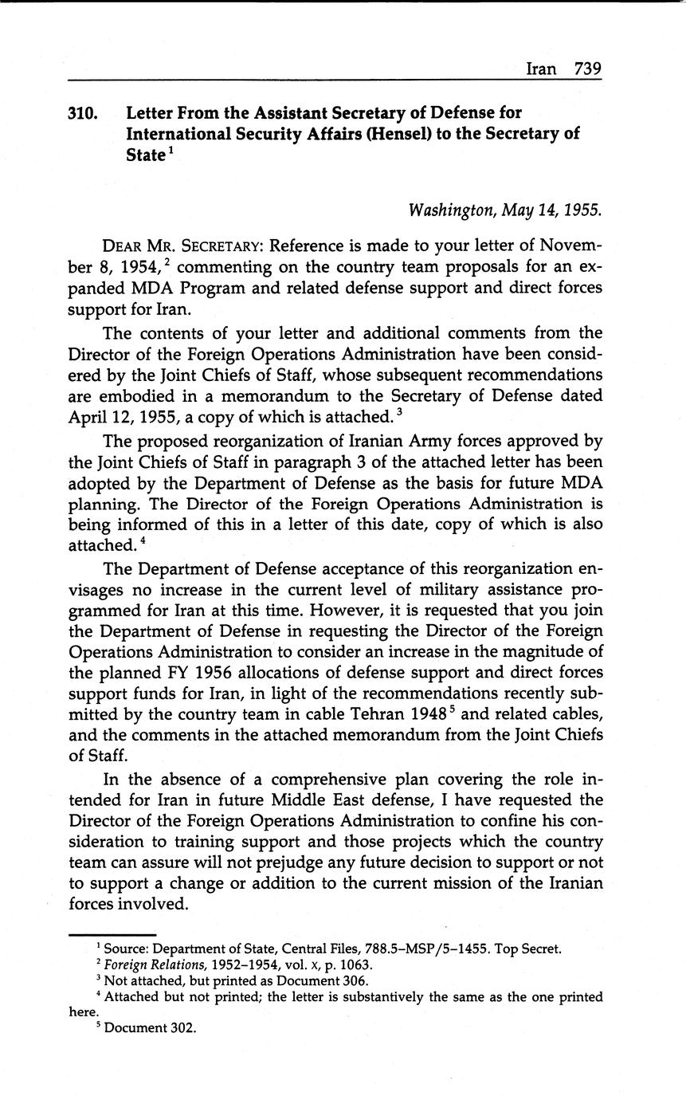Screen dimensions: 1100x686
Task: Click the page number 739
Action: [x=587, y=69]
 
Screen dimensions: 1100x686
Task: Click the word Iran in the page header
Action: [x=542, y=69]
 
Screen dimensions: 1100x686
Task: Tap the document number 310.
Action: [x=83, y=114]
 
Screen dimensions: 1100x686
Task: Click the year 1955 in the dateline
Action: [x=579, y=210]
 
